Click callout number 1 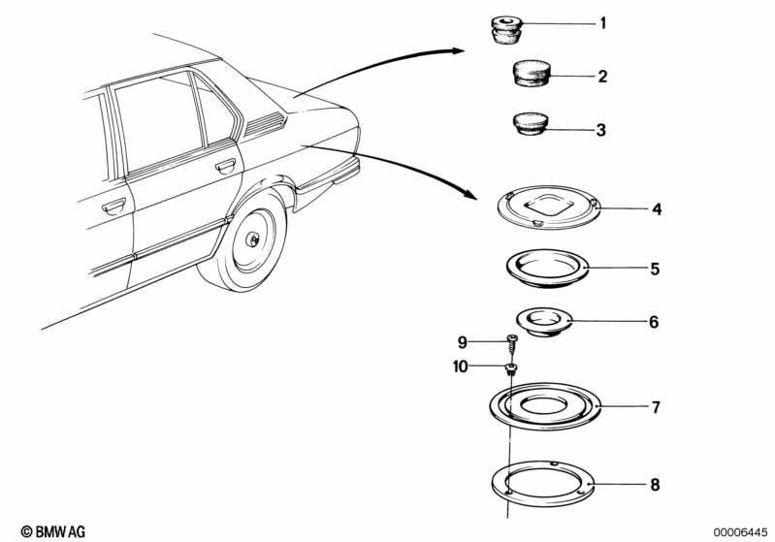(602, 23)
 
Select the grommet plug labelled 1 (506, 30)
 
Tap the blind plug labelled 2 (531, 74)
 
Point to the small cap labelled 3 (530, 123)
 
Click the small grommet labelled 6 (544, 322)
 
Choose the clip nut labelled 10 (510, 369)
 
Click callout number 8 (655, 485)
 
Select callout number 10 (460, 367)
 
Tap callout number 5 (655, 270)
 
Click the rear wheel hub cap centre (252, 239)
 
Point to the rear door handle (226, 166)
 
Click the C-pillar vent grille (265, 123)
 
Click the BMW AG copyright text (53, 531)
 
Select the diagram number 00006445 (739, 532)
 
